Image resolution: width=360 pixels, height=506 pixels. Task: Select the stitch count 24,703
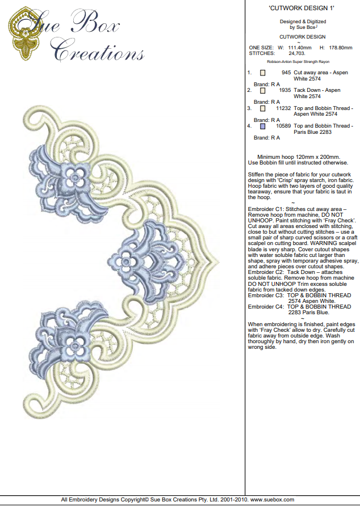click(285, 53)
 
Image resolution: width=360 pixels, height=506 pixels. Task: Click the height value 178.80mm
click(341, 47)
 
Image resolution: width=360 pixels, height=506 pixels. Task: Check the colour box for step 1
click(262, 73)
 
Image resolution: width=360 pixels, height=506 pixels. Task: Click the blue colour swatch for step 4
click(262, 126)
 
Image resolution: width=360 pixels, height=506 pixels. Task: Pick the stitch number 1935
click(285, 91)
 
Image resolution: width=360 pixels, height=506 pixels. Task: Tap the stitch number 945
click(286, 73)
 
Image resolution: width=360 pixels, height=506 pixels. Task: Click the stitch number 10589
click(283, 126)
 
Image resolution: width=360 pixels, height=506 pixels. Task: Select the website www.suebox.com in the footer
click(272, 499)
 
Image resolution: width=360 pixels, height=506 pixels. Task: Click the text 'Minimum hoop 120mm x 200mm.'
click(299, 157)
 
